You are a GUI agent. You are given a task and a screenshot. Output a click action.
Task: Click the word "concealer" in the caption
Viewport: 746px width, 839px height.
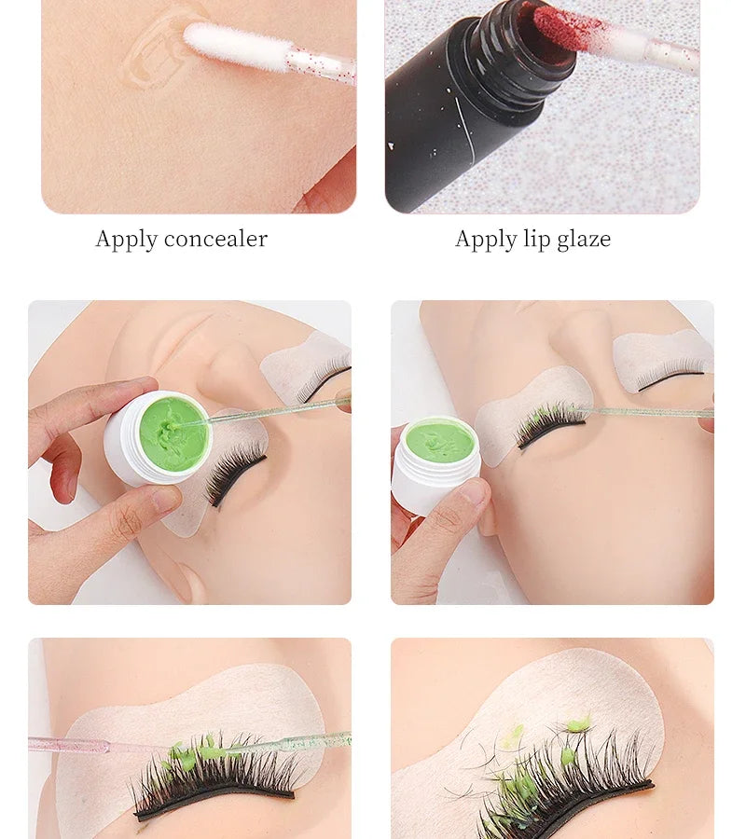[x=215, y=239]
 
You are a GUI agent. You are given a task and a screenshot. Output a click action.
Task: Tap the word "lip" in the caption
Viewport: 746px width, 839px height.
[x=537, y=240]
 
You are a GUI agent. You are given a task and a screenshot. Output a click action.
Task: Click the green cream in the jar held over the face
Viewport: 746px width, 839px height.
[x=173, y=434]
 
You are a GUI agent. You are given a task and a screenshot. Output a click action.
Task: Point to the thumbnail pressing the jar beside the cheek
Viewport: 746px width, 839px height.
[x=474, y=490]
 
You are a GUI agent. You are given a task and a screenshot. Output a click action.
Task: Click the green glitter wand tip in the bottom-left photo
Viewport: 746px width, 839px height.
[x=316, y=742]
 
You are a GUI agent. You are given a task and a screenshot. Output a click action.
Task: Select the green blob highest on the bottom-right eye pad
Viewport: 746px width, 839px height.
[x=584, y=724]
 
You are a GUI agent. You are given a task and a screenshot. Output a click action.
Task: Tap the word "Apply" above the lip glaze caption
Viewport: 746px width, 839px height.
[x=486, y=240]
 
